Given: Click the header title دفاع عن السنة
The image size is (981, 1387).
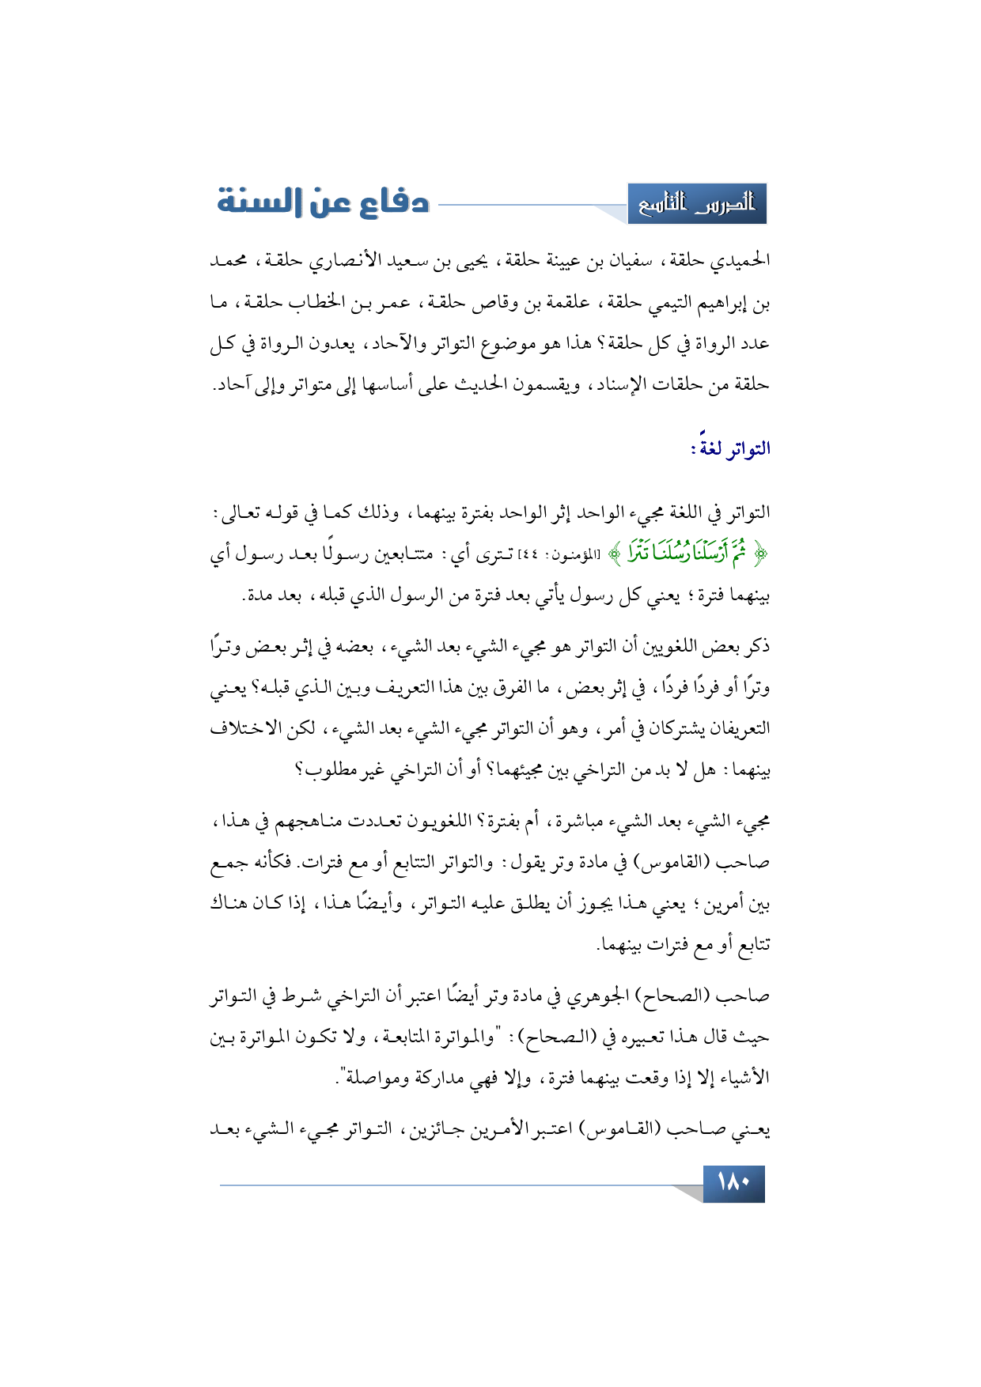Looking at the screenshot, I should [323, 202].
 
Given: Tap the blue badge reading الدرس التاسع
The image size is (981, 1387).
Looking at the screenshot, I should [697, 204].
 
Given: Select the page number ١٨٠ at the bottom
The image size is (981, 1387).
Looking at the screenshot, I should [733, 1184].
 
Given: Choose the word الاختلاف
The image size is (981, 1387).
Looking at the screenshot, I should [247, 728].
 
